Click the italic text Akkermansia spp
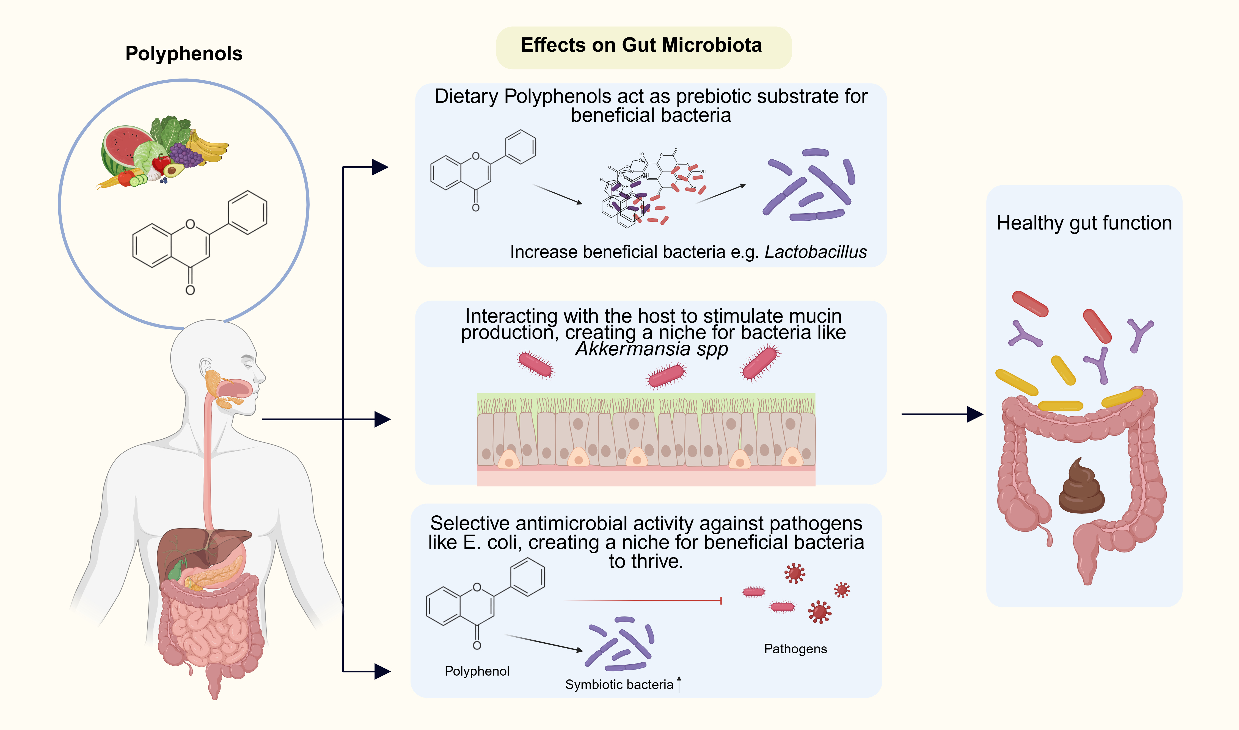pos(651,349)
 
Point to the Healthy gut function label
pos(1084,223)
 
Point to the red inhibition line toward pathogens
pos(642,601)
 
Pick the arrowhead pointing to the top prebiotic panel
pos(380,167)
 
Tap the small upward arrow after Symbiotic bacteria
pos(679,684)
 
